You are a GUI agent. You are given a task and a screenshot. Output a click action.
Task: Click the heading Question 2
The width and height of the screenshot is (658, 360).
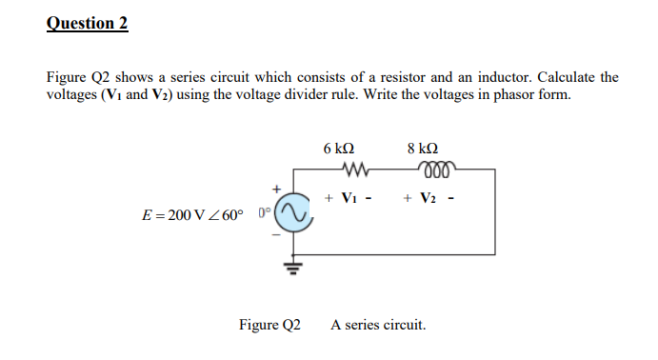point(87,23)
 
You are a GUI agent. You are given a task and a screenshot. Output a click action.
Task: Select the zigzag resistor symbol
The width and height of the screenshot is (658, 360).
point(340,172)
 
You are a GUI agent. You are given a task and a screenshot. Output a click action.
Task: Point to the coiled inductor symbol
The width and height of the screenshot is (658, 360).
point(423,172)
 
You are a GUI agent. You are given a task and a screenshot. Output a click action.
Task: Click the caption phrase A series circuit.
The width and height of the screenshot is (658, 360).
point(378,325)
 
